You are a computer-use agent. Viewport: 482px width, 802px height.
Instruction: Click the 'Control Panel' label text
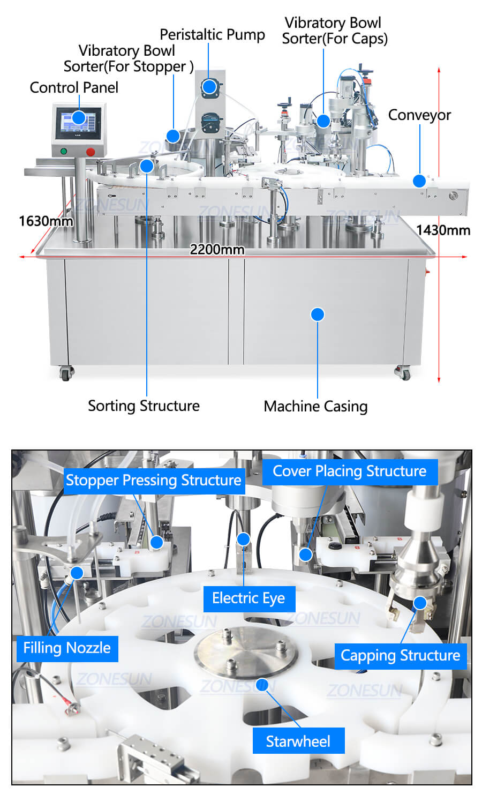tap(74, 87)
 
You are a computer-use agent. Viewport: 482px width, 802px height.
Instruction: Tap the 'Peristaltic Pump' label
tap(212, 35)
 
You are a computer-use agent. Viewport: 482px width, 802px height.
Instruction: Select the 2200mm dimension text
tap(217, 249)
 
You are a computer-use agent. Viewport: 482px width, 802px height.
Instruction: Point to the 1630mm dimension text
tap(46, 221)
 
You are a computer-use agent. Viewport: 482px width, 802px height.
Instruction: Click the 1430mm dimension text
tap(443, 230)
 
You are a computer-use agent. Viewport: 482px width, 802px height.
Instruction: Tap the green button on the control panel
tap(64, 151)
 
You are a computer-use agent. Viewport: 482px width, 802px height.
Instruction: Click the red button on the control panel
tap(91, 152)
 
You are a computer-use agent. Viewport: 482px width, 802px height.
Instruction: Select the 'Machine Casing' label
tap(315, 407)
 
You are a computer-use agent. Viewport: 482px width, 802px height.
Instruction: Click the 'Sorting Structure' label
tap(144, 406)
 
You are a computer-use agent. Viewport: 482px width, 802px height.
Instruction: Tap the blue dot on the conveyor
tap(419, 181)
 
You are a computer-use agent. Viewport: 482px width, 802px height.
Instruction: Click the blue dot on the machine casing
tap(318, 314)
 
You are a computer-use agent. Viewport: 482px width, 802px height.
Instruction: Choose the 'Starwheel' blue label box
tap(298, 741)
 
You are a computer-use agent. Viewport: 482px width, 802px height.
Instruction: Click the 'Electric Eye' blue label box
tap(249, 598)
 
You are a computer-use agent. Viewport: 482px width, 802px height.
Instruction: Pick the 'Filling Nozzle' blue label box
tap(67, 648)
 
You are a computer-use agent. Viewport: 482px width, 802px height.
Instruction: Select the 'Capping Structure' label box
tap(401, 656)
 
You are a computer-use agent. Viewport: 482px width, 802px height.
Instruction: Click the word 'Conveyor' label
tap(419, 115)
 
